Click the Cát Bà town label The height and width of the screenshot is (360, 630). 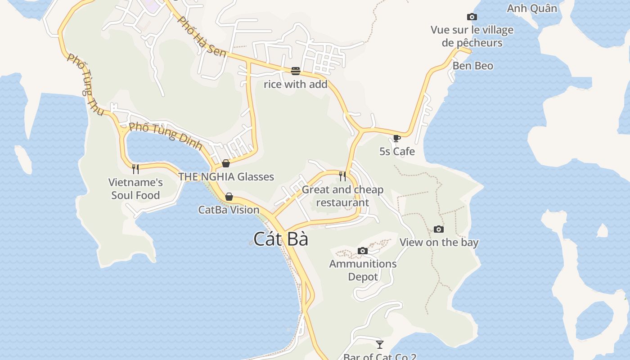coord(281,239)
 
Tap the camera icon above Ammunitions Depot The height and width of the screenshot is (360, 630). coord(363,251)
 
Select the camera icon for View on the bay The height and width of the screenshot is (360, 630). coord(439,229)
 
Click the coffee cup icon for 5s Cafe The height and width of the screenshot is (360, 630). coord(396,138)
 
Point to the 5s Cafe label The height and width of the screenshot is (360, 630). coord(397,151)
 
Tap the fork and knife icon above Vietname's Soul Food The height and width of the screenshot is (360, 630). coord(135,169)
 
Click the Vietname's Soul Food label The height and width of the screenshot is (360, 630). coord(135,189)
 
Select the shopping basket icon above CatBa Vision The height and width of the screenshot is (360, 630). coord(229,197)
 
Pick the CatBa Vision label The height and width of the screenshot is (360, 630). coord(229,210)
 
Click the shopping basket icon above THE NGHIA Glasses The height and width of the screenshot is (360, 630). coord(226,163)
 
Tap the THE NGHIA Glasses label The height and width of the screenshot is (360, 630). coord(226,177)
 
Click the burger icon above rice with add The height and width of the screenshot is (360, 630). coord(296,71)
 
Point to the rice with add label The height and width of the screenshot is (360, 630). coord(296,84)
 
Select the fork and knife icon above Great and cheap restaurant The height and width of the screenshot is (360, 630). coord(342,176)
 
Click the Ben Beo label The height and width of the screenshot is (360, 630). coord(473,66)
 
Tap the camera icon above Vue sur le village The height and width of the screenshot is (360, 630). coord(472,17)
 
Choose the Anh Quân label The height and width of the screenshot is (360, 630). coord(532,8)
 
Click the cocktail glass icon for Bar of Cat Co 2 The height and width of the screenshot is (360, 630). coord(380,344)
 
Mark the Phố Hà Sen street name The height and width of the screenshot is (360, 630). coord(201,37)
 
